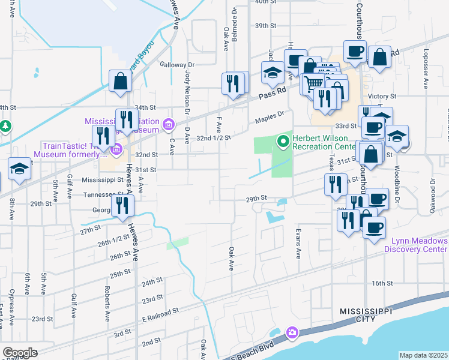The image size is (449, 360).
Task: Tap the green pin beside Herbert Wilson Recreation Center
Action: click(283, 142)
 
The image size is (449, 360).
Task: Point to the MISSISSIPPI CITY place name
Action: click(365, 316)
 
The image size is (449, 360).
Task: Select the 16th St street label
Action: click(382, 283)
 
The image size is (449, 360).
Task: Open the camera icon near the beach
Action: click(292, 332)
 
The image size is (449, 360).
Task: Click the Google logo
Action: click(20, 353)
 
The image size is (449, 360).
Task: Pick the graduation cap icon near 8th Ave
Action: click(20, 169)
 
